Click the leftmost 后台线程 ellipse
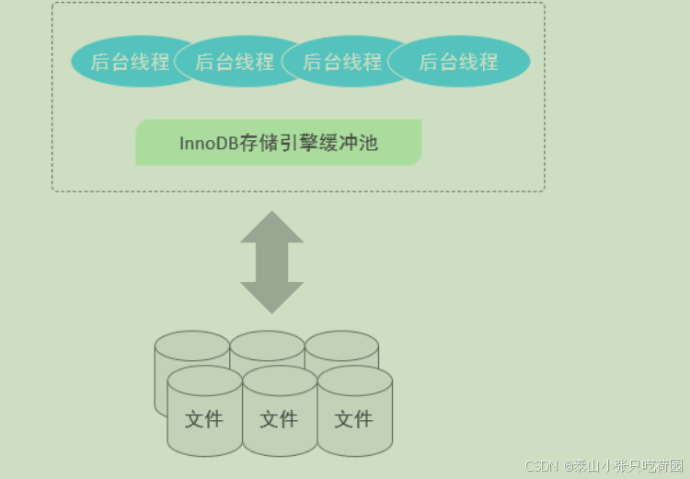(x=129, y=62)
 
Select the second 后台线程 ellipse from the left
(x=236, y=62)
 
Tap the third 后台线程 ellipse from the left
(x=342, y=62)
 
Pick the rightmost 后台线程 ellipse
(x=459, y=62)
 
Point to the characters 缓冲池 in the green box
(x=354, y=144)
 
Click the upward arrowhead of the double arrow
(x=272, y=227)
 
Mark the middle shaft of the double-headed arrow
(x=272, y=263)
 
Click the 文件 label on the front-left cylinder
(x=204, y=420)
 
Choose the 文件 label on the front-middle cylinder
(x=279, y=420)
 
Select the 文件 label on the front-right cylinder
(x=353, y=420)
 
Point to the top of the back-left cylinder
(x=191, y=345)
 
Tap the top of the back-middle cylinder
(x=267, y=345)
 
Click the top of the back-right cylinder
(x=341, y=345)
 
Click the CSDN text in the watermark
(x=543, y=466)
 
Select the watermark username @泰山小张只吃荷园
(x=625, y=466)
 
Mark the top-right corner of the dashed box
(x=544, y=4)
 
